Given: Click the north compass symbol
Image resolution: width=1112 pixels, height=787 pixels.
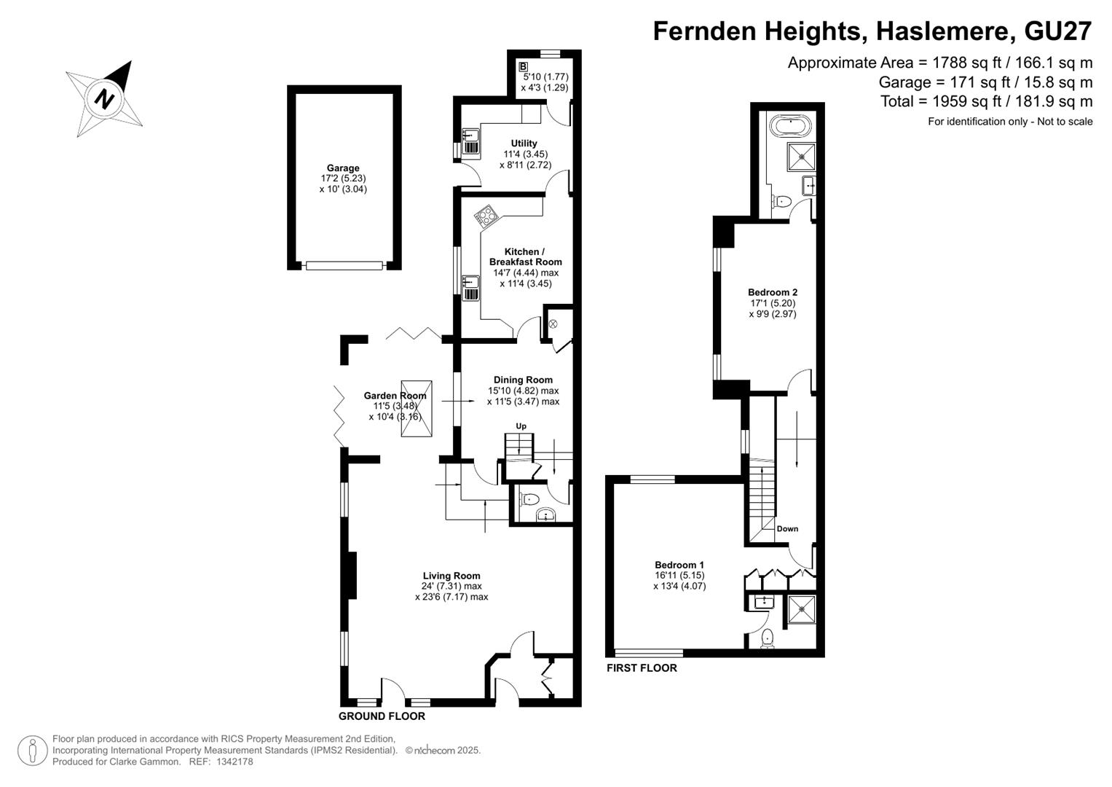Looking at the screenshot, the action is [104, 98].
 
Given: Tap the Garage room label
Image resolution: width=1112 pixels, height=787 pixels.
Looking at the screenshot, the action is [342, 168].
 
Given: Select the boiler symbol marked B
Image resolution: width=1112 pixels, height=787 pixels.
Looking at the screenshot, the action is [524, 66].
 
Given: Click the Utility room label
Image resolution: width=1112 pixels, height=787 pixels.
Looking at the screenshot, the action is [524, 143].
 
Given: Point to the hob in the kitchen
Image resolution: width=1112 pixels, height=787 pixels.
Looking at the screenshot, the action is [486, 216].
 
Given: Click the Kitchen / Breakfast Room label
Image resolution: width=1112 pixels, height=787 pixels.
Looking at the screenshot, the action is [525, 257].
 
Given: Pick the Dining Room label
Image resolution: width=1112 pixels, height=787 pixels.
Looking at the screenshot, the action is [523, 380].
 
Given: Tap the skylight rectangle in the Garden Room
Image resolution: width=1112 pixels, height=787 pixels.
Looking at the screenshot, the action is [417, 408].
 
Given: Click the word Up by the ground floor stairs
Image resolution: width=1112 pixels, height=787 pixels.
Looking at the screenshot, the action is [521, 426].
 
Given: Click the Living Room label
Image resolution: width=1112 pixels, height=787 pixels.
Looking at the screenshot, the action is [451, 576].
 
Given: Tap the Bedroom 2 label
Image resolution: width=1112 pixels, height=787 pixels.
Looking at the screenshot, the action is [773, 292].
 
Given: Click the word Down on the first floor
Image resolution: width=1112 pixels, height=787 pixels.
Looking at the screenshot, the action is [787, 528].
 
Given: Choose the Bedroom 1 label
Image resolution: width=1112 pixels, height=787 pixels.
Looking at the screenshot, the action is [679, 565].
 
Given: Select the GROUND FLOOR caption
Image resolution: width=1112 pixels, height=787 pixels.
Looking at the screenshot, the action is [382, 716].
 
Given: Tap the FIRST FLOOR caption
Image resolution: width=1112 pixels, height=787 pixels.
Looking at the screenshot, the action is [642, 667].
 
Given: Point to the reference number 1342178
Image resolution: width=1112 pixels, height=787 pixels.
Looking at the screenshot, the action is [234, 761].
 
